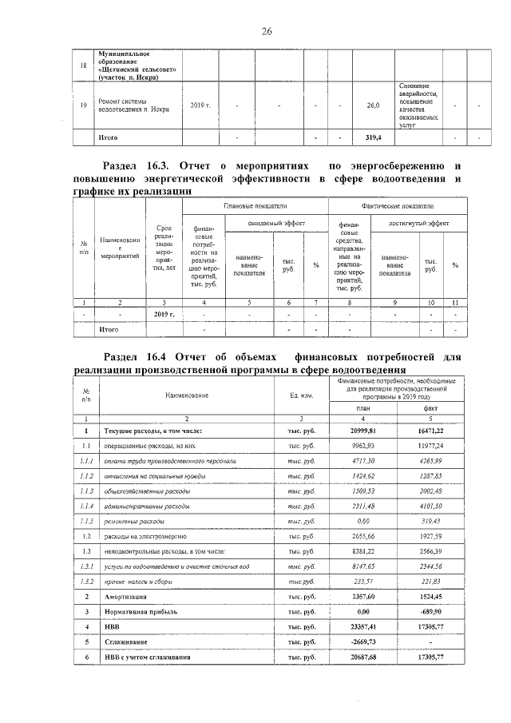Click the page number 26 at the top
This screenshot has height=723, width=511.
tap(267, 31)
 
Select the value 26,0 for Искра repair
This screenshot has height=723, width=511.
tap(373, 105)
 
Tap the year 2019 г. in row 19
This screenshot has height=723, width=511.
tap(200, 105)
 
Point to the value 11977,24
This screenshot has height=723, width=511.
tap(429, 446)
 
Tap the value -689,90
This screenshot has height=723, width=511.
tap(429, 612)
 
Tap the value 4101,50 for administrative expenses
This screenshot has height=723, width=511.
tap(429, 506)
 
